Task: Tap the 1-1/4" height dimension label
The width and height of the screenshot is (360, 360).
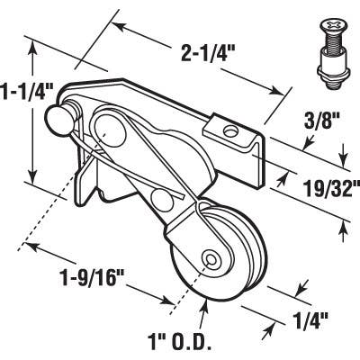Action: [x=27, y=91]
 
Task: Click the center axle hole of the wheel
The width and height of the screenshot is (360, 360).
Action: [x=211, y=258]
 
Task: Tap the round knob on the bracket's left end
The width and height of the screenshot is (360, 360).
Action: [x=67, y=113]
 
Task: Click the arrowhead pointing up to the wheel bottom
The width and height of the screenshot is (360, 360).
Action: [x=206, y=307]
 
